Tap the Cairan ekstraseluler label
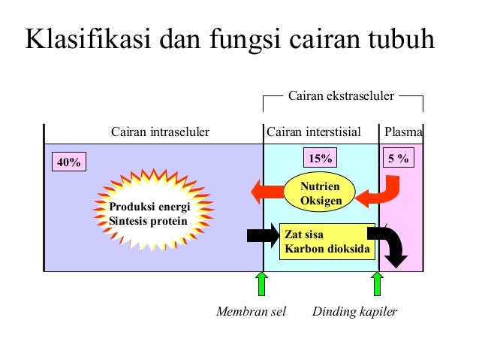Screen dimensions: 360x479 click(x=342, y=95)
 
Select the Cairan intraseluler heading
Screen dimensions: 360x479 click(x=160, y=133)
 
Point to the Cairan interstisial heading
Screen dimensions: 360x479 click(x=313, y=133)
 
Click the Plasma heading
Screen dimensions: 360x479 click(x=403, y=133)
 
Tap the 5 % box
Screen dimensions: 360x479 click(x=399, y=158)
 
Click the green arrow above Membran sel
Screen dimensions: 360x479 click(x=262, y=283)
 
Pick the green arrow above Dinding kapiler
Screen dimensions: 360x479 click(x=377, y=283)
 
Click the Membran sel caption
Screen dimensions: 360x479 click(x=252, y=311)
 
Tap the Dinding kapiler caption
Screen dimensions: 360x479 click(x=354, y=311)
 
